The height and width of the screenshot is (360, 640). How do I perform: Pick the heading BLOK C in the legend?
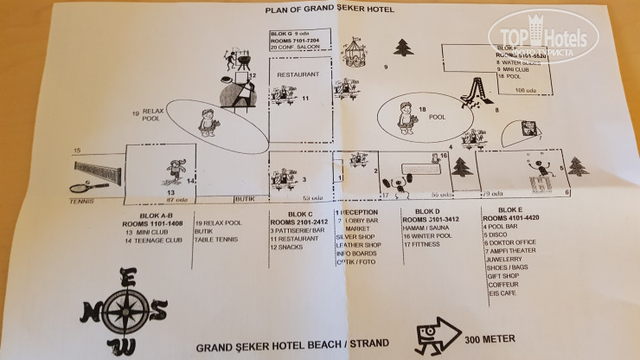(x=300, y=213)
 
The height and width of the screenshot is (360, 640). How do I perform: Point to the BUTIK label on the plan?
(x=246, y=198)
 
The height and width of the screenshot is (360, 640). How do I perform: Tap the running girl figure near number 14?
(x=176, y=170)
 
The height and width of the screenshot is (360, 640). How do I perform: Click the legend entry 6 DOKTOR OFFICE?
(x=517, y=244)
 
